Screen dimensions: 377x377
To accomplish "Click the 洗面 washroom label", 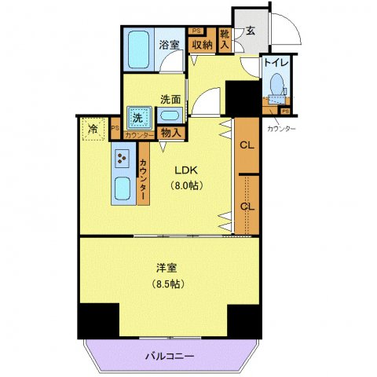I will [170, 99].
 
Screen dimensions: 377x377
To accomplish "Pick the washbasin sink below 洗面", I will [170, 116].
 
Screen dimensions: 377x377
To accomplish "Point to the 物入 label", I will [170, 134].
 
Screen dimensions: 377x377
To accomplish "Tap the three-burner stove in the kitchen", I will [123, 159].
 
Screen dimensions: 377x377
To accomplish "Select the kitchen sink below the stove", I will [124, 189].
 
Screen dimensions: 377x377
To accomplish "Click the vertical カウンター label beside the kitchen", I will [143, 181].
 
